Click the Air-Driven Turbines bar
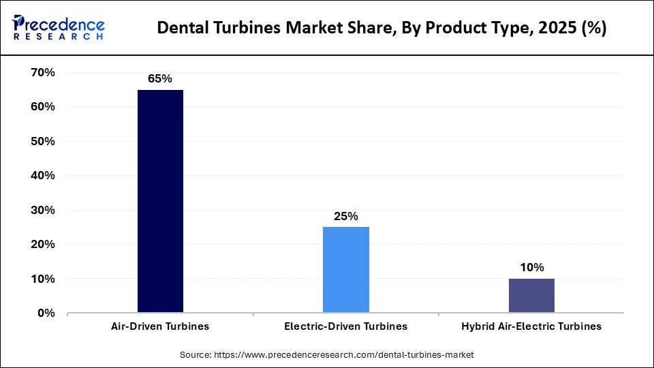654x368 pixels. click(x=160, y=201)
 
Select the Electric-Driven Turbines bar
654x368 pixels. click(x=346, y=270)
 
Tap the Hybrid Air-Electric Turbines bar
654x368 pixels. click(x=531, y=296)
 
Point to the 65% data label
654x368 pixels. click(x=160, y=79)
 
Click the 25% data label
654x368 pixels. click(x=346, y=216)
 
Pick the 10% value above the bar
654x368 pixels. click(x=531, y=268)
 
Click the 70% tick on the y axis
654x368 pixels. click(x=42, y=72)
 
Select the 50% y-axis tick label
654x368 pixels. click(x=42, y=141)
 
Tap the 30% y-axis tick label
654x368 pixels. click(x=42, y=210)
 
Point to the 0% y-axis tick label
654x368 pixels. click(x=45, y=313)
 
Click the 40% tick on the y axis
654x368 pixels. click(x=42, y=176)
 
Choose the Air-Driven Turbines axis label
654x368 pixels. click(x=160, y=326)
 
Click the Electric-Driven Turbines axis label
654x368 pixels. click(x=346, y=326)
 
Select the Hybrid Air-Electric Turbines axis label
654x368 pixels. click(x=531, y=326)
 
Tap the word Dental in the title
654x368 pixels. click(x=182, y=29)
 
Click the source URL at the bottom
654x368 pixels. click(x=344, y=355)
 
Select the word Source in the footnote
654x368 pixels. click(x=196, y=355)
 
